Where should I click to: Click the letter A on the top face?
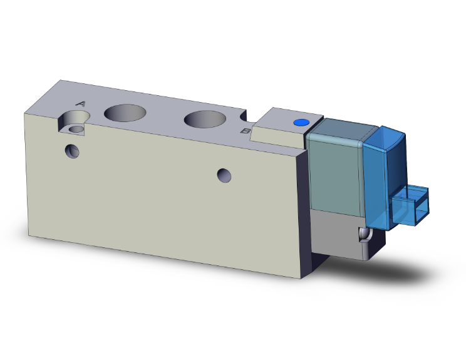pyautogui.click(x=81, y=104)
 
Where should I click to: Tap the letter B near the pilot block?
pyautogui.click(x=245, y=131)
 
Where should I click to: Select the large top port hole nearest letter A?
pyautogui.click(x=125, y=113)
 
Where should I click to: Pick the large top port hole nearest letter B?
pyautogui.click(x=205, y=119)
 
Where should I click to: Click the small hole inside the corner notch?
pyautogui.click(x=77, y=129)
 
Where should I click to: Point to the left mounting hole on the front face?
pyautogui.click(x=72, y=151)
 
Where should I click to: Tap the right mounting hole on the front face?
pyautogui.click(x=224, y=175)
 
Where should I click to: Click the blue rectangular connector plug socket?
pyautogui.click(x=410, y=205)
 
